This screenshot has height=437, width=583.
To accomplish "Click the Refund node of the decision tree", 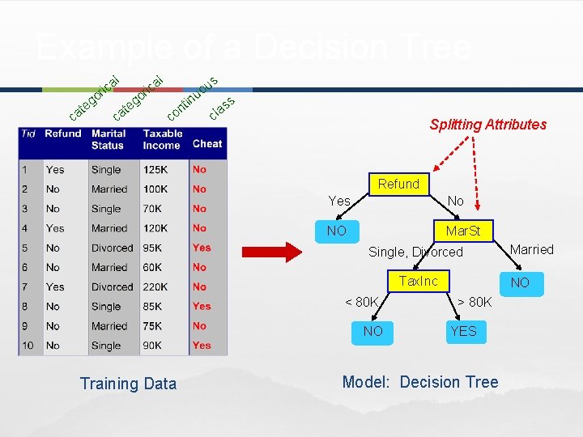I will (x=398, y=185).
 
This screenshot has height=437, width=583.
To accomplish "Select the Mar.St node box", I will (x=462, y=231).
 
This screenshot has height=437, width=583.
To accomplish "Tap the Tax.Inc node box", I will (x=419, y=282).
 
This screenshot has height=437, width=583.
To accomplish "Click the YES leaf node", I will (x=463, y=331).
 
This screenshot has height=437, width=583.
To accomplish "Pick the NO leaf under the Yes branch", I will (x=337, y=231).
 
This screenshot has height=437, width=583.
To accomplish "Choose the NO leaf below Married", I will (x=519, y=282).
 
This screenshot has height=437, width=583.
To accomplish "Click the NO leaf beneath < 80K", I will (x=373, y=331).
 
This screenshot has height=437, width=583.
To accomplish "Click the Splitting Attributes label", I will (x=487, y=125).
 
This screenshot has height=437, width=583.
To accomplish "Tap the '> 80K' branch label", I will (x=474, y=303).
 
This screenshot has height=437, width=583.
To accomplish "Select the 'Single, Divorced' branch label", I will (x=415, y=252).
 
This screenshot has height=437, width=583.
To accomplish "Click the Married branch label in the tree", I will (x=532, y=249).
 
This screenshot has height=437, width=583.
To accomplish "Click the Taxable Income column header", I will (x=163, y=139).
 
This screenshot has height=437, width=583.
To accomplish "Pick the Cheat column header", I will (x=207, y=143).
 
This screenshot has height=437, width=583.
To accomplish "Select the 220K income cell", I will (x=156, y=286).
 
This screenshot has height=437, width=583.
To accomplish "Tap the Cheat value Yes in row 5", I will (x=202, y=248).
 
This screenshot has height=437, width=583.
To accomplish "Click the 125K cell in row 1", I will (x=156, y=170).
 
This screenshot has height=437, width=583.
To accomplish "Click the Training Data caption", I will (x=128, y=384).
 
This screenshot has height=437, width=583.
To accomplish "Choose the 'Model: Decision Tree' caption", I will (x=420, y=382).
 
